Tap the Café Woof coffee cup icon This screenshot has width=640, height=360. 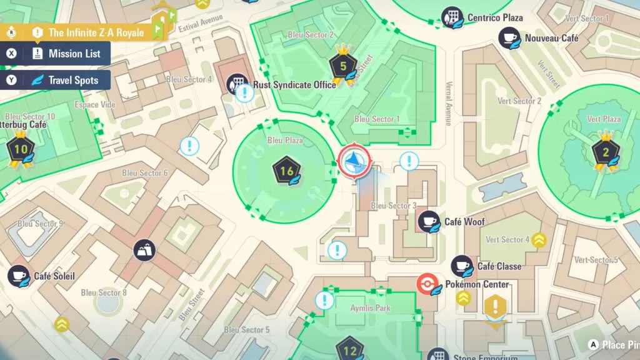click(429, 221)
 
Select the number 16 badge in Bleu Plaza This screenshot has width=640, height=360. click(287, 171)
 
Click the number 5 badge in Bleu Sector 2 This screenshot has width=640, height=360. click(342, 66)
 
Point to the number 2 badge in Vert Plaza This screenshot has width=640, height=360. click(604, 151)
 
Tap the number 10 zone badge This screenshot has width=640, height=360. click(21, 149)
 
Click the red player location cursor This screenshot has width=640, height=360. click(354, 162)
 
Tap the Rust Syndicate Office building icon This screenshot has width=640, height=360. click(237, 83)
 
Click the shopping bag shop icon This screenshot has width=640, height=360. click(144, 250)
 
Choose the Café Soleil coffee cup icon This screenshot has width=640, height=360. click(18, 276)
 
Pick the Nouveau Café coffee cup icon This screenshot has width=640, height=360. click(509, 38)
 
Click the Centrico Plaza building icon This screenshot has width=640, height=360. click(451, 17)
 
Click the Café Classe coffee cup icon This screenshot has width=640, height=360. click(462, 266)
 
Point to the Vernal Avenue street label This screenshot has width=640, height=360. click(449, 104)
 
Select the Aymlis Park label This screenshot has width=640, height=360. click(370, 308)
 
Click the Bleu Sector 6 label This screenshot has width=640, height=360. click(144, 173)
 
